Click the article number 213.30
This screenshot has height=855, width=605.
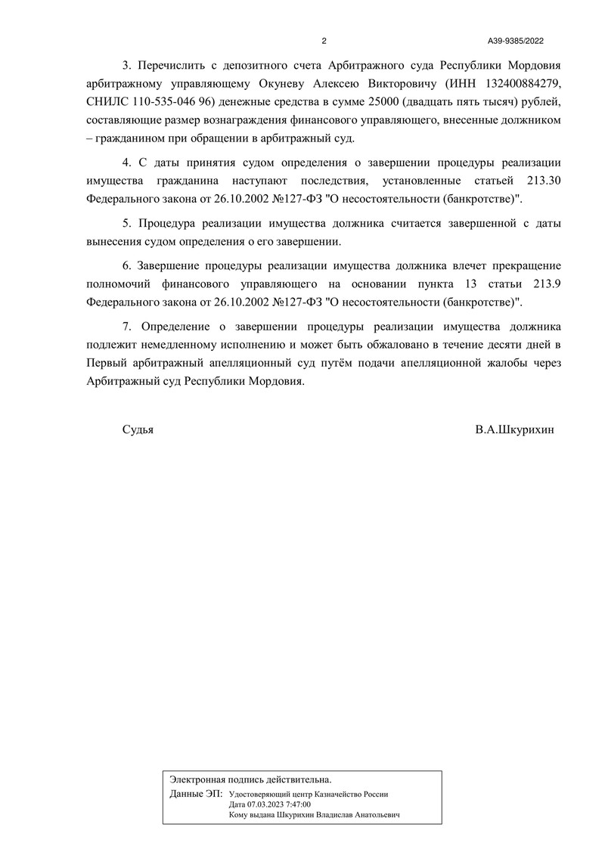click(x=542, y=181)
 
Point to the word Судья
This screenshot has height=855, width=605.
click(x=138, y=429)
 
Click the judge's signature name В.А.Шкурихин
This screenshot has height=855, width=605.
click(x=515, y=429)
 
